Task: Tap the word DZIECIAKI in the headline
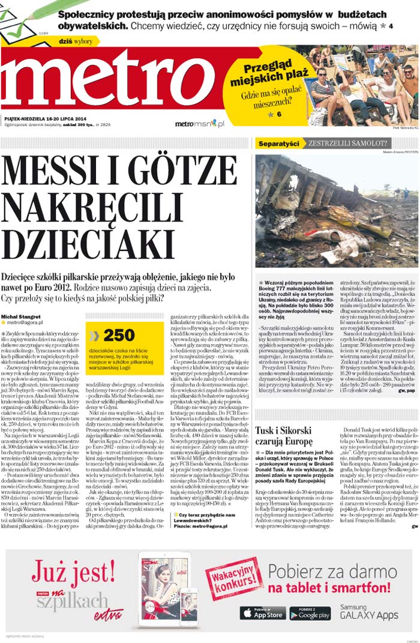pos(88,240)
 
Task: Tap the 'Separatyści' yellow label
pos(278,143)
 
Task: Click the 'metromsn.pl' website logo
pos(200,124)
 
